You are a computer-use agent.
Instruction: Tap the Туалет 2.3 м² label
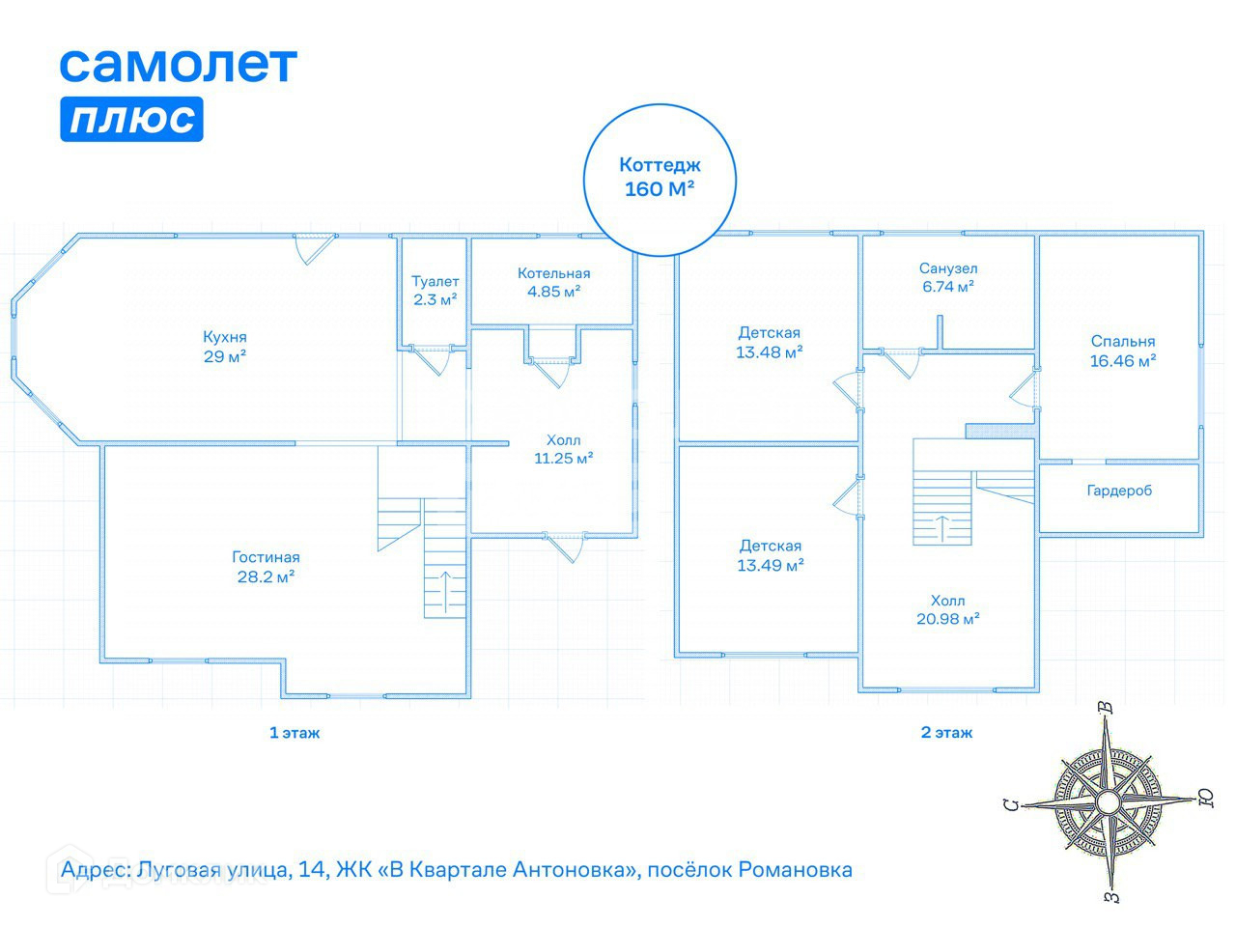[x=435, y=291]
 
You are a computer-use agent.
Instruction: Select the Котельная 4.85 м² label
[x=553, y=282]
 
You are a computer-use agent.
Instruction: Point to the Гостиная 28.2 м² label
[x=266, y=567]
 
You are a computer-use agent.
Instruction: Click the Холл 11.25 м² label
[x=564, y=450]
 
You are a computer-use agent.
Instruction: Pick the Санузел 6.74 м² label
[x=948, y=277]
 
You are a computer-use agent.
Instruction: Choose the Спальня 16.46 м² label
[x=1123, y=351]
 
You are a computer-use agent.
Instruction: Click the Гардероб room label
[x=1119, y=491]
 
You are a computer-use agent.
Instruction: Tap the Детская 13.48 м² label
[x=769, y=343]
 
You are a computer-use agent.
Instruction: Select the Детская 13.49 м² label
[x=770, y=556]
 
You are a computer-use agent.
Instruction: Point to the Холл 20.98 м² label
[x=947, y=610]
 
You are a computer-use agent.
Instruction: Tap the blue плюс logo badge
[x=131, y=120]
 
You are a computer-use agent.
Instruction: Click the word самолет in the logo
[x=179, y=64]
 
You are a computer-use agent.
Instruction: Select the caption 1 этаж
[x=295, y=733]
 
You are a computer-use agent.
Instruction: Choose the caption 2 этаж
[x=946, y=733]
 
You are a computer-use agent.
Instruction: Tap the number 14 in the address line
[x=311, y=870]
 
